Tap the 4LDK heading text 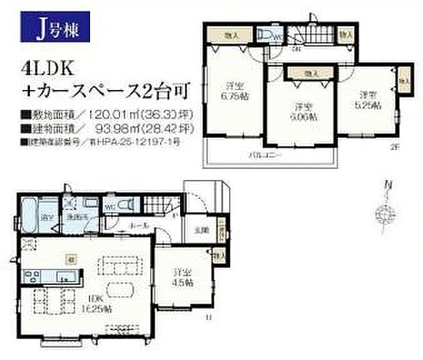(48, 67)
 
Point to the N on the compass (386, 184)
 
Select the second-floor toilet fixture (269, 36)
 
